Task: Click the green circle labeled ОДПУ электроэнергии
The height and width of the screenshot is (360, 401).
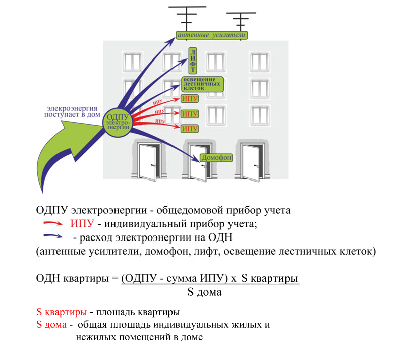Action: pyautogui.click(x=117, y=122)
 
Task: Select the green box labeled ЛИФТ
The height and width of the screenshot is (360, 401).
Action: pyautogui.click(x=193, y=61)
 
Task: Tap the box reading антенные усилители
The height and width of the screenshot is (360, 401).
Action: pyautogui.click(x=212, y=35)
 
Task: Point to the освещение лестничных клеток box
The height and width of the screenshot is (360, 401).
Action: pyautogui.click(x=203, y=84)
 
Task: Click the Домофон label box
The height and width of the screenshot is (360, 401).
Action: pyautogui.click(x=216, y=157)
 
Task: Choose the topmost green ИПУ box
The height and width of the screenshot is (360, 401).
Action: pyautogui.click(x=190, y=99)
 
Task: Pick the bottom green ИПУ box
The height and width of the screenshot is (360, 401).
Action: pyautogui.click(x=190, y=129)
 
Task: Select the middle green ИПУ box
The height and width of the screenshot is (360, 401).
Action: pyautogui.click(x=190, y=114)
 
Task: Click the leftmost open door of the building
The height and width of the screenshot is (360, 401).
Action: pyautogui.click(x=148, y=162)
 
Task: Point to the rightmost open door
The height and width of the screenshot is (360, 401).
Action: pyautogui.click(x=251, y=163)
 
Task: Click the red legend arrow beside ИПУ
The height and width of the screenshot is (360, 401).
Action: pyautogui.click(x=52, y=223)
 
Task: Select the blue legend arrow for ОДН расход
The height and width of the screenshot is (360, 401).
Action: pyautogui.click(x=52, y=236)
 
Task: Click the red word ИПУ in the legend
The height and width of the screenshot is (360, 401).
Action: pyautogui.click(x=82, y=223)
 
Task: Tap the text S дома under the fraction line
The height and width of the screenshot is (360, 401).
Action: pyautogui.click(x=205, y=292)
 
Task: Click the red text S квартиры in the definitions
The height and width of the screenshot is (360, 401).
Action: pyautogui.click(x=62, y=312)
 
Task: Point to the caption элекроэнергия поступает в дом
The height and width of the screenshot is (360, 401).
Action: pyautogui.click(x=72, y=111)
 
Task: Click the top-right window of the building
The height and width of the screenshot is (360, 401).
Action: pyautogui.click(x=260, y=62)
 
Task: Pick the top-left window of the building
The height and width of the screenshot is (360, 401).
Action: pyautogui.click(x=133, y=62)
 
